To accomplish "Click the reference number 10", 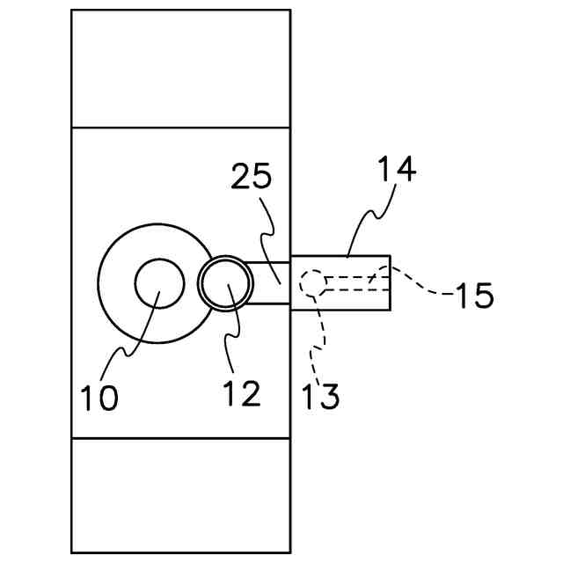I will [x=99, y=397].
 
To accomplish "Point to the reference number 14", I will [x=396, y=168].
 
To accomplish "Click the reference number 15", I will [x=473, y=296].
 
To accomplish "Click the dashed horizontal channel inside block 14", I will [x=352, y=283].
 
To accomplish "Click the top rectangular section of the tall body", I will [x=180, y=69].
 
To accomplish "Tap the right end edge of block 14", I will [x=390, y=283].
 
